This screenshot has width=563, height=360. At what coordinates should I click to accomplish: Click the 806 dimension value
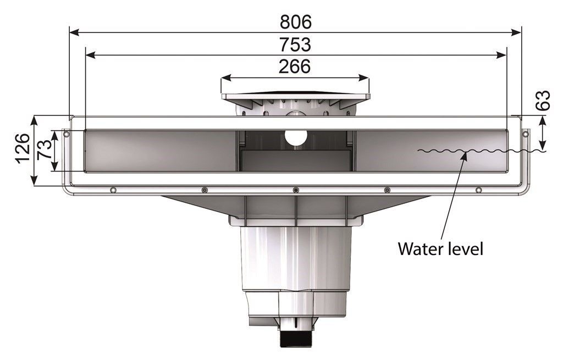[295, 22]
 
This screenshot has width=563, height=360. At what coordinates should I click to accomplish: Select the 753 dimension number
[295, 45]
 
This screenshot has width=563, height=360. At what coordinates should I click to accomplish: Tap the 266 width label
[295, 67]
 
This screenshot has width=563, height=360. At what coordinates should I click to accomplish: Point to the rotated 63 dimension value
[543, 101]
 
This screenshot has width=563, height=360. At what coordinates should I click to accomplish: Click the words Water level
[440, 248]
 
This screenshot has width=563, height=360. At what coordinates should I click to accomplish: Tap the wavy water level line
[478, 151]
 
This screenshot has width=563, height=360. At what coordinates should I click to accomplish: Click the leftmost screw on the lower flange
[113, 190]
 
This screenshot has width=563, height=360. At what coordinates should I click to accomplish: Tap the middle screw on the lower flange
[296, 190]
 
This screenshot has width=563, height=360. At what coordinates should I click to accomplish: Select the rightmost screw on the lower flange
[478, 190]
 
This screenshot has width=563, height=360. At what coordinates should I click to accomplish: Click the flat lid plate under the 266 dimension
[295, 96]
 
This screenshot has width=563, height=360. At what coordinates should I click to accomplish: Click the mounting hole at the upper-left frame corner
[66, 134]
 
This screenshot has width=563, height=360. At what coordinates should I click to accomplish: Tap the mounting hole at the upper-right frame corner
[525, 134]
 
